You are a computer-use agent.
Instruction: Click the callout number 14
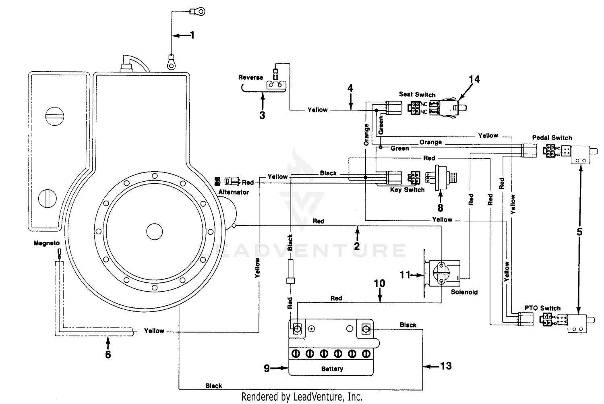click(474, 79)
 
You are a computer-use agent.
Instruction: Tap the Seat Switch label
click(417, 95)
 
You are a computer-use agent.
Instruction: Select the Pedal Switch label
click(552, 138)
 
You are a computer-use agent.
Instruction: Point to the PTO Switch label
click(542, 308)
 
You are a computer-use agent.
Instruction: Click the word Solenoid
click(464, 292)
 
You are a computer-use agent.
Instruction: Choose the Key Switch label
click(407, 190)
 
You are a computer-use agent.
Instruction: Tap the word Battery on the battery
click(332, 369)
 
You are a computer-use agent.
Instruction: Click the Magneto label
click(47, 243)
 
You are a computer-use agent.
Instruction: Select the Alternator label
click(234, 192)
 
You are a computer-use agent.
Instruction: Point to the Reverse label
click(250, 77)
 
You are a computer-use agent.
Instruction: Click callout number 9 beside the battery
click(267, 368)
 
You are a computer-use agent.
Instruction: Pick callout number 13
click(446, 366)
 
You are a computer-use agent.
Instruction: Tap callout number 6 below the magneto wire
click(108, 354)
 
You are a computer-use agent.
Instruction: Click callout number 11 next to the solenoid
click(405, 275)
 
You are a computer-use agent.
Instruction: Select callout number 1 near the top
click(192, 35)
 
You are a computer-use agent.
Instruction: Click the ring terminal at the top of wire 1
click(199, 11)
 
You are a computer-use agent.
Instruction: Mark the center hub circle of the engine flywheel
click(154, 232)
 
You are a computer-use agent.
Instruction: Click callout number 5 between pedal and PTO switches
click(579, 232)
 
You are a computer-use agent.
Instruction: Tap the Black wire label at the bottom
click(213, 386)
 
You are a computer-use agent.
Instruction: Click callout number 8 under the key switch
click(440, 208)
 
